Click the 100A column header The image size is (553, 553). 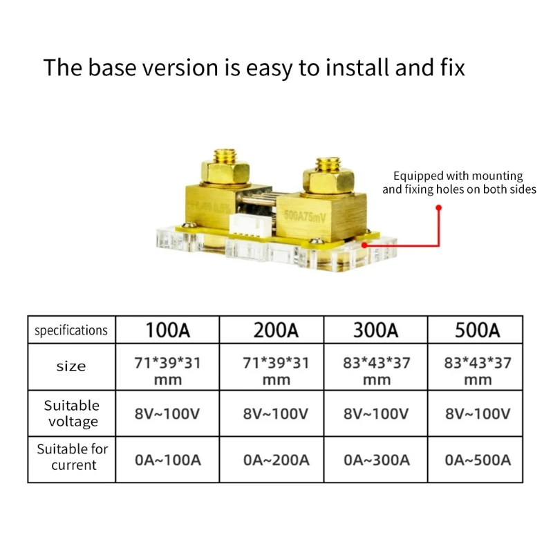tap(167, 330)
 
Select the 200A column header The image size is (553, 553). tap(276, 330)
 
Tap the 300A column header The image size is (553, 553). tap(376, 330)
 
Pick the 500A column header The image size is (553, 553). tap(477, 330)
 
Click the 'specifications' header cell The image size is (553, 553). tap(71, 330)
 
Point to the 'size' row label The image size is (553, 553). tap(71, 366)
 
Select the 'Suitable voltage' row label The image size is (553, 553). tap(71, 413)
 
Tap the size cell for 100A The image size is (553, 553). tap(167, 371)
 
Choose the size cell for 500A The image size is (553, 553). tap(477, 371)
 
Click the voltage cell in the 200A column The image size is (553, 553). tap(276, 414)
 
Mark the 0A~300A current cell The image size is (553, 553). tap(376, 460)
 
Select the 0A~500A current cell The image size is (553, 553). tap(477, 460)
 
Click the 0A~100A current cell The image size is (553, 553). tap(167, 460)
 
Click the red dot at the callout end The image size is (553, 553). tap(438, 207)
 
